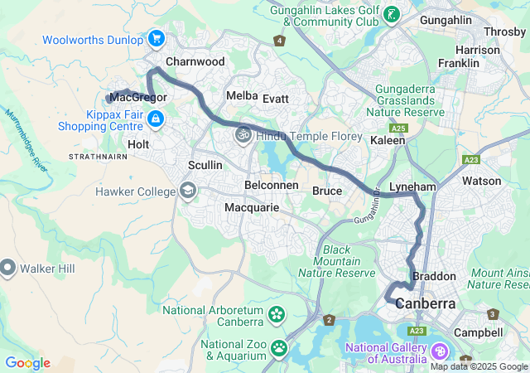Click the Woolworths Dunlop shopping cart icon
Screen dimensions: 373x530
pos(156,38)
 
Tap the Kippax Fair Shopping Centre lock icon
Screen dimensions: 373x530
pos(155,121)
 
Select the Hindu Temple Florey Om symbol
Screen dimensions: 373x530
pos(243,133)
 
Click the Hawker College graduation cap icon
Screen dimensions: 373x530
pos(188,191)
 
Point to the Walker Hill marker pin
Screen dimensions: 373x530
pos(8,268)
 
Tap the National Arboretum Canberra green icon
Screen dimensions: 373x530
pos(276,315)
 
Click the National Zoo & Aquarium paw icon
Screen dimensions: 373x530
pos(280,348)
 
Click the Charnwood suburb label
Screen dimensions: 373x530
pos(195,61)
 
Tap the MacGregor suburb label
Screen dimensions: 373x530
pos(139,98)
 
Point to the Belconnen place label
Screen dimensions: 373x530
pos(272,185)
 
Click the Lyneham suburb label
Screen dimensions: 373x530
pos(412,187)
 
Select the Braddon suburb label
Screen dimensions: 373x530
pos(435,276)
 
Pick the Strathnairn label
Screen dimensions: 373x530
pos(97,156)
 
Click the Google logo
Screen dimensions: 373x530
pos(27,363)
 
